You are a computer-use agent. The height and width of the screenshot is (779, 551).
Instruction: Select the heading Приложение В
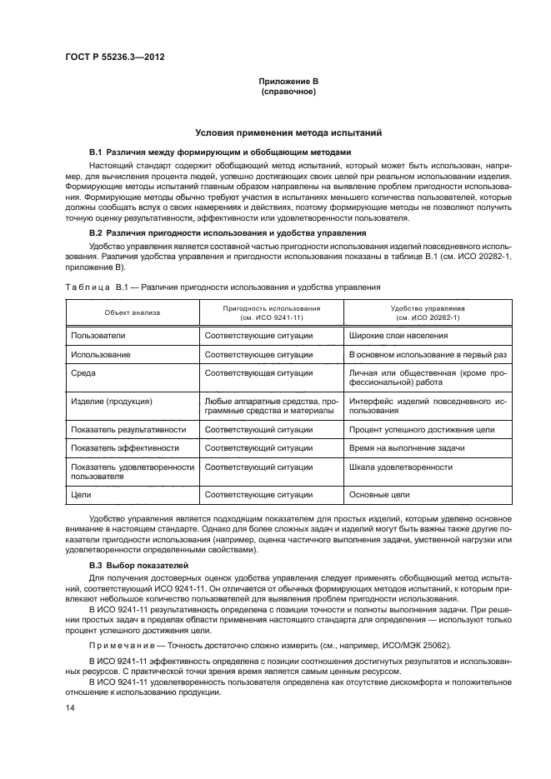288,81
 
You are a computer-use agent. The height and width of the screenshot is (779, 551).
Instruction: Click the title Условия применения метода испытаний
288,132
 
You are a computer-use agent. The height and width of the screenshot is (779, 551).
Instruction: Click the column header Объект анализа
133,312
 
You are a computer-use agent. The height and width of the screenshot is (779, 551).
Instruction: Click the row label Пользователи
98,335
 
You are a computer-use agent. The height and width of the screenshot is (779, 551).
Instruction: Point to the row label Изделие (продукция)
112,401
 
